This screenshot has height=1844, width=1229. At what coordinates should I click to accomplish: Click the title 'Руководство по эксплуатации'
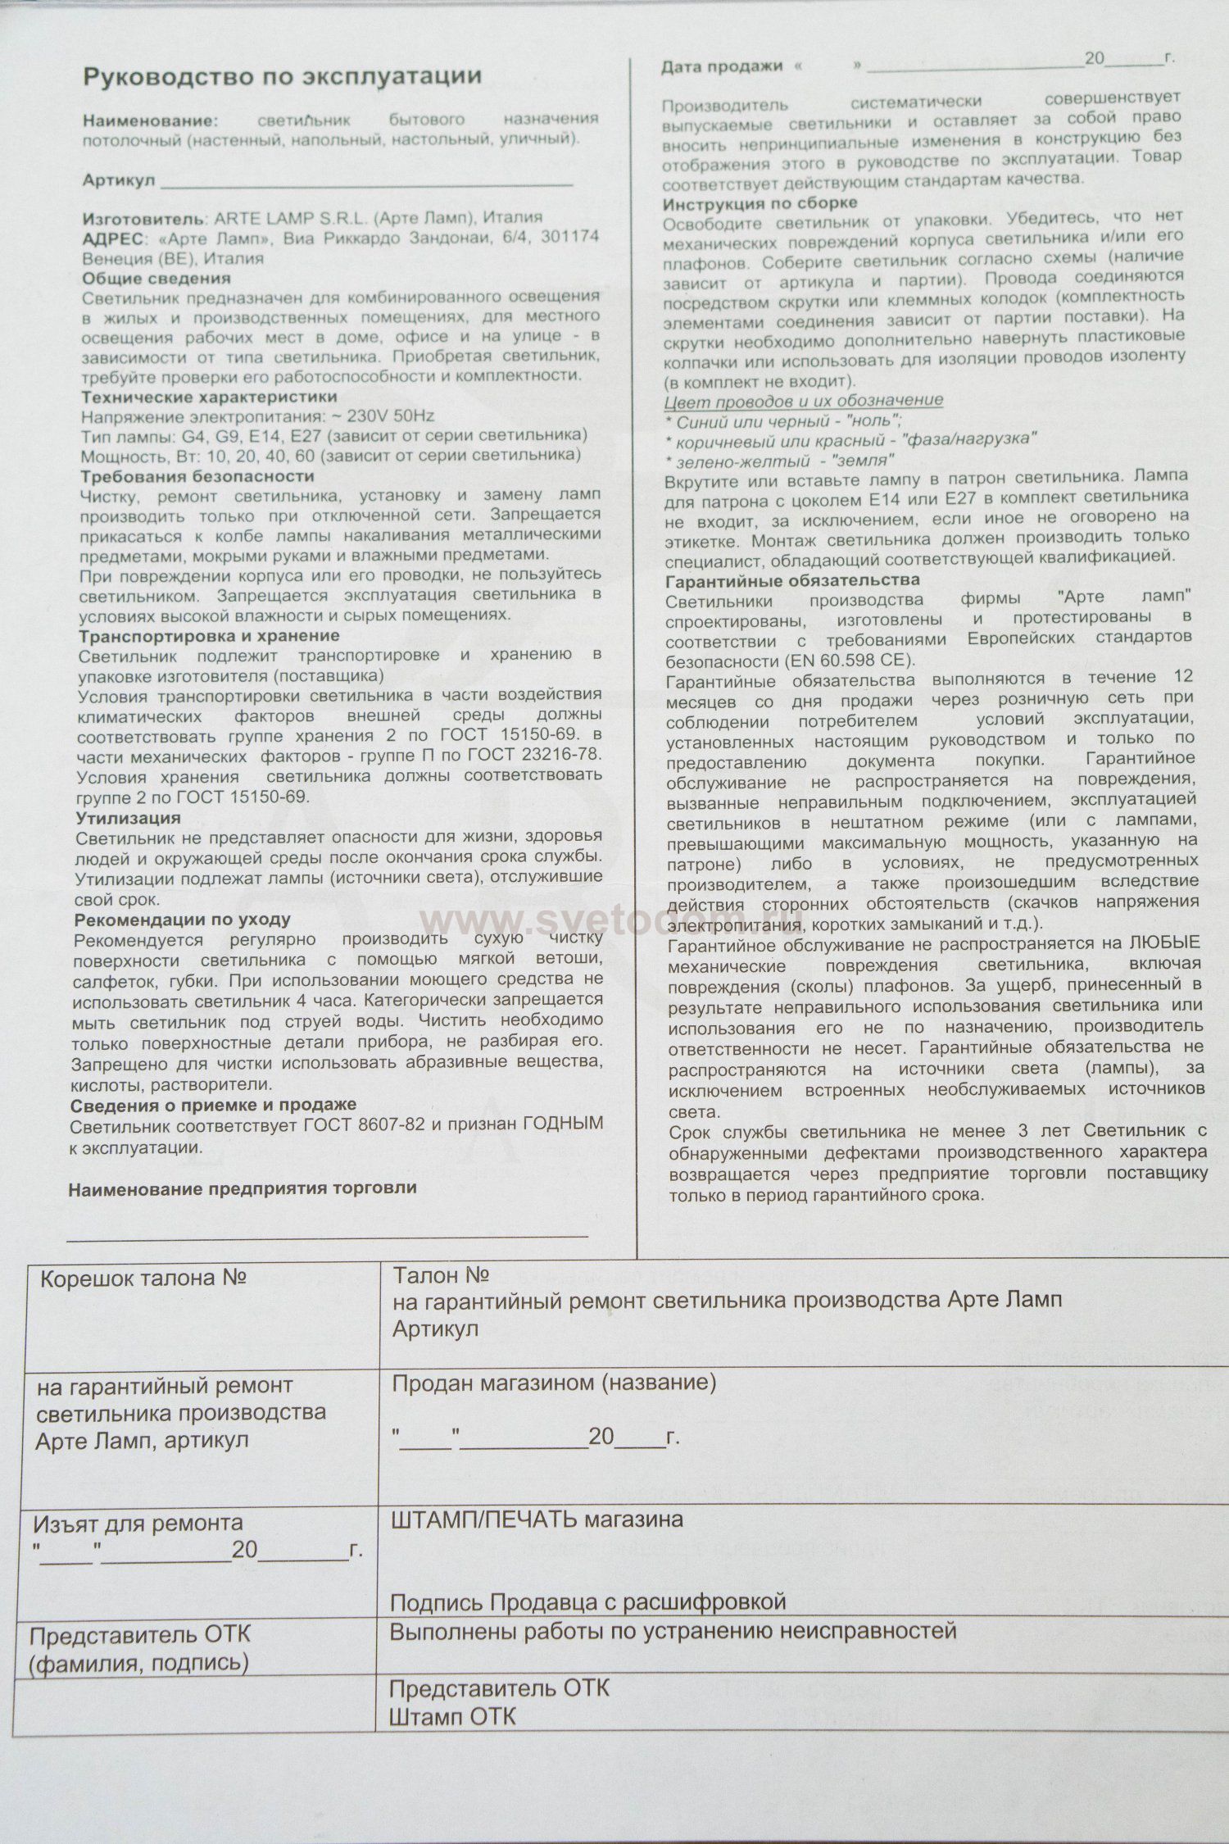282,77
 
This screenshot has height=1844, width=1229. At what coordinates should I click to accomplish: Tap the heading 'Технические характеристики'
209,397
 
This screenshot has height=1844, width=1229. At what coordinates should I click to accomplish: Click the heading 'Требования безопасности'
197,476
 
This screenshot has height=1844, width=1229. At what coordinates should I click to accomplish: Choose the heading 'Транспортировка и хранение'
208,636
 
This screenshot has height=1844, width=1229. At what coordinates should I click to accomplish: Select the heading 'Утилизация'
128,818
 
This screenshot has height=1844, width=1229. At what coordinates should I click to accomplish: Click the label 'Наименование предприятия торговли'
242,1188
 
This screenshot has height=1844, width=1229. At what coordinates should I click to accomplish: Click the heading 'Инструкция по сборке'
760,203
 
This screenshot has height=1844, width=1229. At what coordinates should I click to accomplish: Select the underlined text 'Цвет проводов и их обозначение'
803,400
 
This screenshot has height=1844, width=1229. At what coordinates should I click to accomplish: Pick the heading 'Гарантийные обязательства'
792,579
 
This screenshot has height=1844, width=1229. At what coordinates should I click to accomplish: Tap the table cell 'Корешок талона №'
143,1279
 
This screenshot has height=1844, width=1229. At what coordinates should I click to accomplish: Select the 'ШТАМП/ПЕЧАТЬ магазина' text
537,1519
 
